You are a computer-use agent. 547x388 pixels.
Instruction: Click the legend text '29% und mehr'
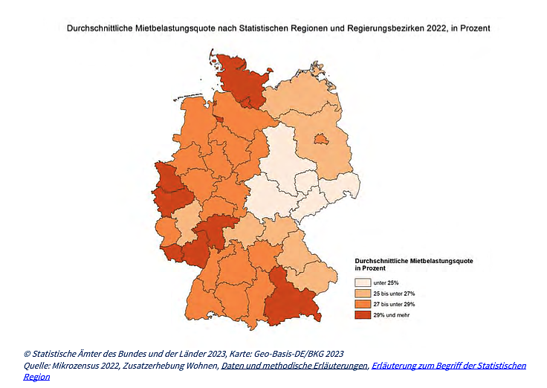(392, 315)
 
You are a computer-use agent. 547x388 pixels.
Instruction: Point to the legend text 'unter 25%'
(386, 283)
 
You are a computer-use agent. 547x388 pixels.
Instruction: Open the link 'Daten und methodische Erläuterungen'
(294, 365)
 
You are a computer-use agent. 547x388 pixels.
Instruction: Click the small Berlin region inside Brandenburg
(320, 138)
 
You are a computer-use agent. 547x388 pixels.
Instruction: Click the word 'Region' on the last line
(36, 376)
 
